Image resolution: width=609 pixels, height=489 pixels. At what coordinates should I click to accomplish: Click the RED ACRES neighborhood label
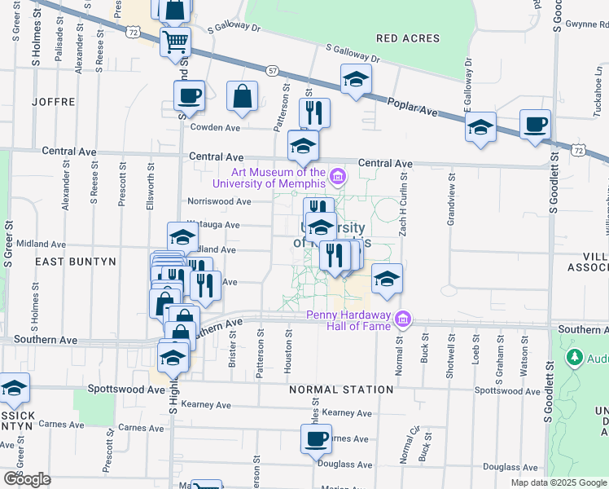[408, 38]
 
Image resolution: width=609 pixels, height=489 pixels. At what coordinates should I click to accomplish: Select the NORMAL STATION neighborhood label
[342, 390]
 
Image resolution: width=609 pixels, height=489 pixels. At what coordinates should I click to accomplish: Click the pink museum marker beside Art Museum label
[337, 173]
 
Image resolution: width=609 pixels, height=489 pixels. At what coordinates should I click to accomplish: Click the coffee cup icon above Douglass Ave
[316, 439]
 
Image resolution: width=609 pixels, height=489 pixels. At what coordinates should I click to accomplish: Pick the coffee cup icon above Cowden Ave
[189, 95]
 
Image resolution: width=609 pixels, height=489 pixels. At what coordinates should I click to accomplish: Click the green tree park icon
[575, 357]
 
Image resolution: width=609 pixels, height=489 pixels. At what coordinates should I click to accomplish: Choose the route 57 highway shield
[272, 72]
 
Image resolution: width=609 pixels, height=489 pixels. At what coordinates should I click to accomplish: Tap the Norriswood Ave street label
[219, 201]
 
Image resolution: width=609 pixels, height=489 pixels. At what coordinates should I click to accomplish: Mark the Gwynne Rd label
[587, 24]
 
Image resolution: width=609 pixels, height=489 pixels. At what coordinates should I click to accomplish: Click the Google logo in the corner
[27, 478]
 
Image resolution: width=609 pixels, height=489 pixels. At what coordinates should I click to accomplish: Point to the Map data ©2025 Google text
[559, 482]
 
